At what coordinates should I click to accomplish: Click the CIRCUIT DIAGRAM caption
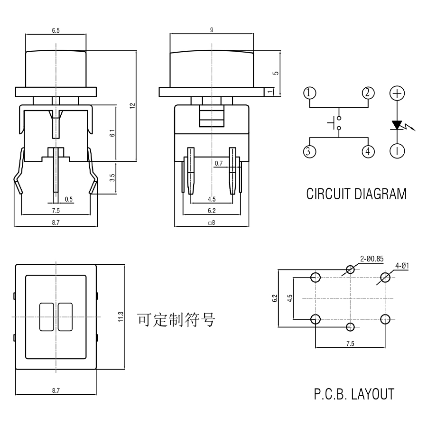(x=356, y=195)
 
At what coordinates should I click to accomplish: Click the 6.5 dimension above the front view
(x=56, y=30)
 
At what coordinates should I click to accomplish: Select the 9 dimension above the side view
(x=211, y=30)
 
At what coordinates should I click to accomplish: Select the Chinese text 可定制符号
(x=176, y=319)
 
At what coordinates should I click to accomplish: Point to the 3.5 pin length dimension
(x=112, y=178)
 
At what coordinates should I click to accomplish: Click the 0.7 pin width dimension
(x=219, y=163)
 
